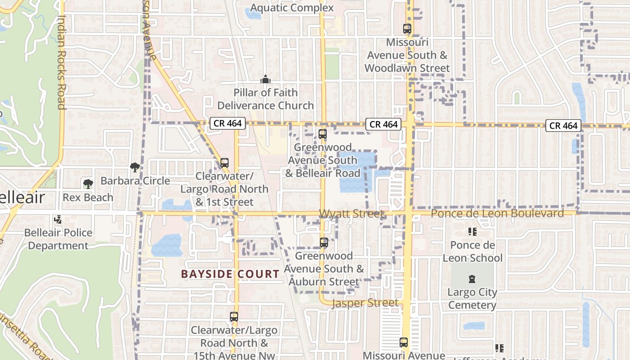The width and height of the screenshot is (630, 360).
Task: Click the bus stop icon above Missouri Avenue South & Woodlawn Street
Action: [x=407, y=29]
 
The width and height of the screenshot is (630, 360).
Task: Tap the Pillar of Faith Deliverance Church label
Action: [x=265, y=99]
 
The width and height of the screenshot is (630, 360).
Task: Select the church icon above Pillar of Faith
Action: [x=265, y=80]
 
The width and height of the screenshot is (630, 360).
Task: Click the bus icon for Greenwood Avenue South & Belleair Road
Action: [x=322, y=134]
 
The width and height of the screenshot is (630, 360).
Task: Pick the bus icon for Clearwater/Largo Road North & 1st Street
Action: [x=225, y=163]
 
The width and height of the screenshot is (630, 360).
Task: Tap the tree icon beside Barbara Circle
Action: [x=134, y=167]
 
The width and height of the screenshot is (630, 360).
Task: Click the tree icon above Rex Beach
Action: [x=88, y=184]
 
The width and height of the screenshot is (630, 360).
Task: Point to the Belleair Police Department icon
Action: [x=58, y=220]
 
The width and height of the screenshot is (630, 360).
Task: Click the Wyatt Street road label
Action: [x=351, y=214]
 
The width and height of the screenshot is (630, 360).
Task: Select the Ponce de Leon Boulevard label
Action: [x=497, y=213]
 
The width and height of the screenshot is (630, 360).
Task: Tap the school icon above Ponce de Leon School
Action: [x=472, y=232]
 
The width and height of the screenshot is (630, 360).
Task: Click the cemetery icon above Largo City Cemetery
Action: [x=472, y=279]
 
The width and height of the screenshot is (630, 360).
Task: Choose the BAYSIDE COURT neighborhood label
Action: [x=230, y=274]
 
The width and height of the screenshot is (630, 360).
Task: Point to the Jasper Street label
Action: [x=365, y=303]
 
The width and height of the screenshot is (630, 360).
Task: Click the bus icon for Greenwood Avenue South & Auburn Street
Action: [x=324, y=243]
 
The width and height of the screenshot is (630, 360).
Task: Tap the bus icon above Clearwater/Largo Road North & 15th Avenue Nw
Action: [x=234, y=317]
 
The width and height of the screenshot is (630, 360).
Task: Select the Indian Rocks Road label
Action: [x=62, y=63]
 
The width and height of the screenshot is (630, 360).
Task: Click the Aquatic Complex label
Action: [x=292, y=8]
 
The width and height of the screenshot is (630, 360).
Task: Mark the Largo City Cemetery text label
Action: [x=472, y=299]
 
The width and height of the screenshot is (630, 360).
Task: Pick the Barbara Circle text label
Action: [x=135, y=181]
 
